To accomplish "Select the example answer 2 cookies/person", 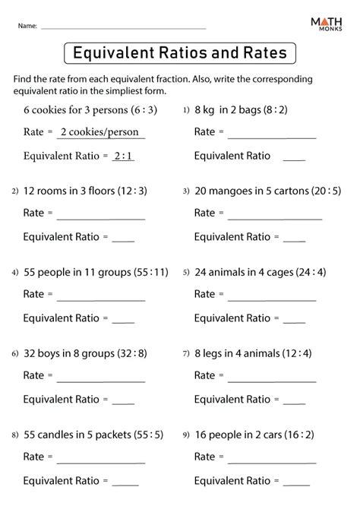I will click(102, 132).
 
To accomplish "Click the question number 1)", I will click(186, 110).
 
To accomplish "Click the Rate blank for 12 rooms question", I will click(100, 218).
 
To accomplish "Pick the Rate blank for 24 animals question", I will click(272, 299).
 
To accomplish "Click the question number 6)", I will click(14, 353).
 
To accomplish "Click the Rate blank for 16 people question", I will click(272, 461).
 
